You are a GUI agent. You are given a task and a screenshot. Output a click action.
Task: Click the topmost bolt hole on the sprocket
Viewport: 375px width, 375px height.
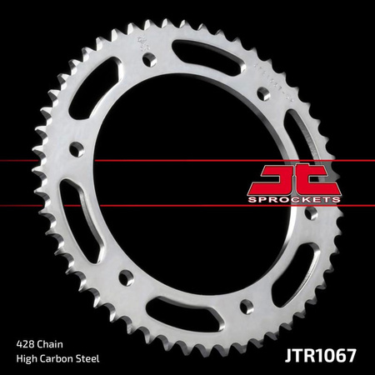point(148,60)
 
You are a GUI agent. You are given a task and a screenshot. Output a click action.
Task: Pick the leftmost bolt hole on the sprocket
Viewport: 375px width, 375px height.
point(77,151)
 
